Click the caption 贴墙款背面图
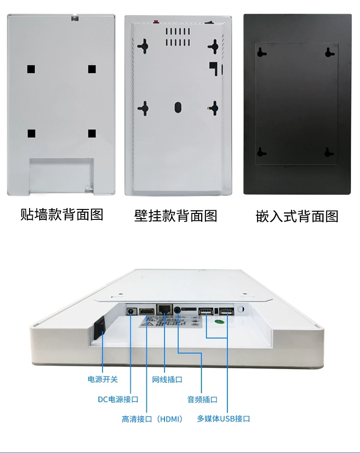(x=62, y=214)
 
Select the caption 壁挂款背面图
(x=175, y=215)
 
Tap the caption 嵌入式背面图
(x=297, y=216)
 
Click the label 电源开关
(x=103, y=379)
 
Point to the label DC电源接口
(x=118, y=399)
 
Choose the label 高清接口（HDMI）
(x=152, y=419)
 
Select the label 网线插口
(x=167, y=379)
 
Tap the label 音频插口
(x=202, y=399)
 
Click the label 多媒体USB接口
(x=223, y=419)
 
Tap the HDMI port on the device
(x=146, y=311)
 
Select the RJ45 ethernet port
(x=163, y=309)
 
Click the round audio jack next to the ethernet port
(x=177, y=310)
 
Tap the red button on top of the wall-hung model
(x=156, y=21)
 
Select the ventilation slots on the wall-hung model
(x=177, y=37)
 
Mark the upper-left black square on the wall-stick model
(x=31, y=69)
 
